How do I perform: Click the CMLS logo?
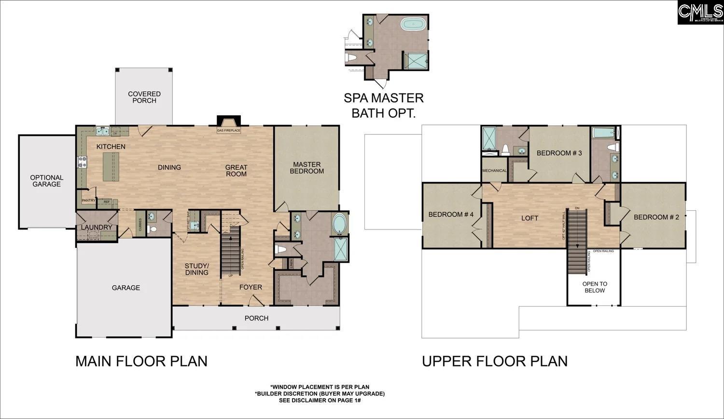click(x=699, y=12)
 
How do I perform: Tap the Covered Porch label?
click(x=144, y=97)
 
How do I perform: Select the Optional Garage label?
click(x=47, y=181)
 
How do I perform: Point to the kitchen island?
click(x=111, y=167)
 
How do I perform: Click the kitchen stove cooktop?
click(x=82, y=162)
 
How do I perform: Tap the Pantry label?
click(x=88, y=201)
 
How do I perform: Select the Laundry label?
click(x=97, y=227)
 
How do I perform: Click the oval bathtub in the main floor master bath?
click(x=340, y=224)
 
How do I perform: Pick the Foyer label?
click(x=251, y=287)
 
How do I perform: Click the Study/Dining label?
click(x=197, y=269)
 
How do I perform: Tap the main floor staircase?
click(x=231, y=251)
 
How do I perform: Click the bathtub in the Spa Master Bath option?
click(x=413, y=24)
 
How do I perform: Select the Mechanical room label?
click(x=494, y=171)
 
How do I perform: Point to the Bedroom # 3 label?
click(x=559, y=153)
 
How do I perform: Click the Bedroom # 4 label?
click(x=451, y=215)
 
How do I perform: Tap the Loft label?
click(x=529, y=218)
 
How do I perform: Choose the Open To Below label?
click(x=595, y=287)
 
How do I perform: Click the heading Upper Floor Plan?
click(x=495, y=361)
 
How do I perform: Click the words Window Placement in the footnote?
click(x=302, y=387)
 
